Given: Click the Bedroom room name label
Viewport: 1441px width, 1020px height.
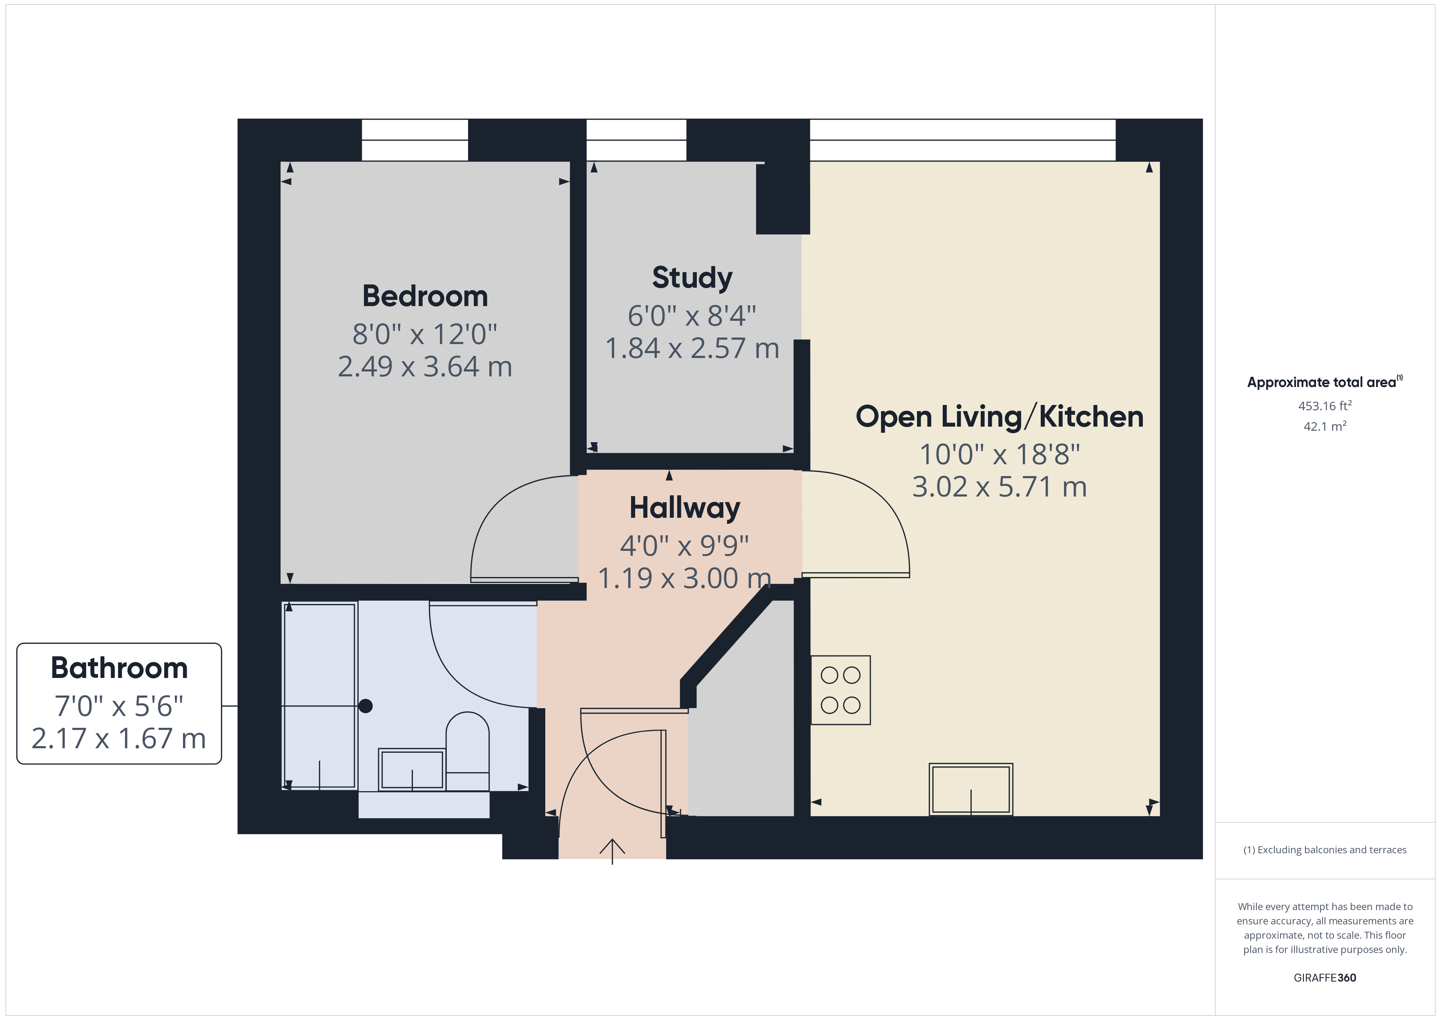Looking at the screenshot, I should click(x=425, y=296).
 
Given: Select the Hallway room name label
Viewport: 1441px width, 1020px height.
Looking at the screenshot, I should click(x=684, y=508).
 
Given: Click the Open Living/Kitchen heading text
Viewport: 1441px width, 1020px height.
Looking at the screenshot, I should click(x=999, y=417).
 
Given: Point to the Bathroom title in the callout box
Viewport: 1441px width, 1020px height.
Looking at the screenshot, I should click(x=119, y=668).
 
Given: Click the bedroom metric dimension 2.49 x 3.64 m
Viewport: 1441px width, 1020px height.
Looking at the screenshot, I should click(x=425, y=367).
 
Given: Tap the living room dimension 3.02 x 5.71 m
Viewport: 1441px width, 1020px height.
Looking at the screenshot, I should click(x=999, y=487).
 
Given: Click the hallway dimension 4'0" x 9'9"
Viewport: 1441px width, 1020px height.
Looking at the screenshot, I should click(x=684, y=546).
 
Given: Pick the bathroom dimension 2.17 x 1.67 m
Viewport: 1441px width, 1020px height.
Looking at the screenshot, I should click(x=119, y=738).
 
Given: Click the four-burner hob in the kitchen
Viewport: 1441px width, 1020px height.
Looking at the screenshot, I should click(x=840, y=690).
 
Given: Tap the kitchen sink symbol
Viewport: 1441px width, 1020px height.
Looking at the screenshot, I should click(x=970, y=789).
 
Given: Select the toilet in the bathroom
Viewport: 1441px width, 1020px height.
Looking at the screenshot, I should click(x=468, y=751).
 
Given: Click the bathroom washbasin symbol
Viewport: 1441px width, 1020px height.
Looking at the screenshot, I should click(x=412, y=769).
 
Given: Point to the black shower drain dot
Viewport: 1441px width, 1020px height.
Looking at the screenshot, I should click(x=365, y=706).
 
